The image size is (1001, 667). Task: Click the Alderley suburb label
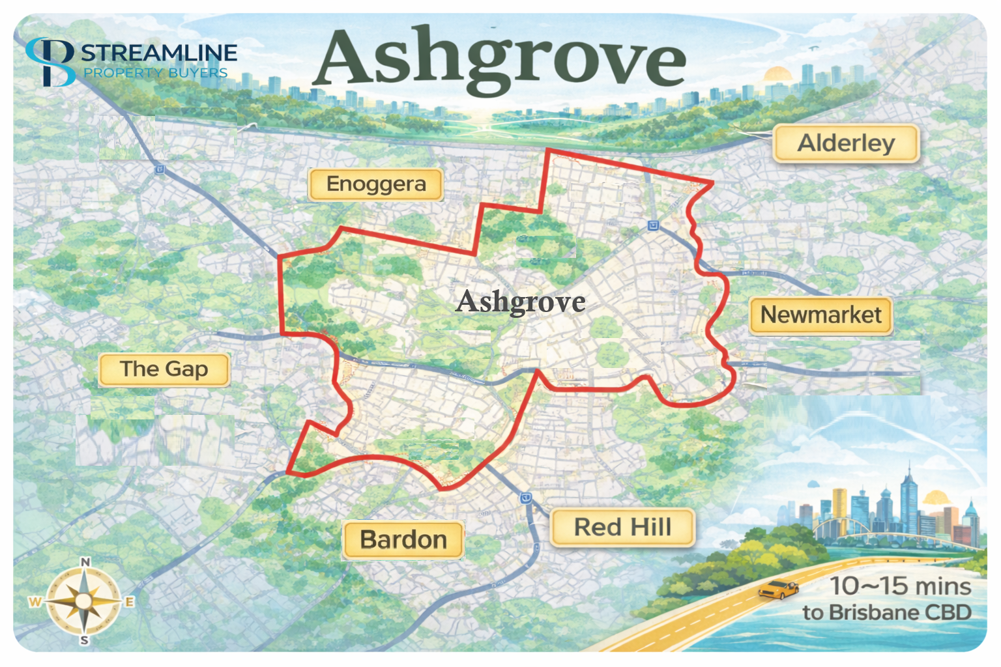point(846,143)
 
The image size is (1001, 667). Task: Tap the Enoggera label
point(376,184)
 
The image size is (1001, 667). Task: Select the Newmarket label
point(820,315)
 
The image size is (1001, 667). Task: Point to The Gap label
point(164,369)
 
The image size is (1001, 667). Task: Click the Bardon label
point(403,540)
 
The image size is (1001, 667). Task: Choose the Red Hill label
point(622,527)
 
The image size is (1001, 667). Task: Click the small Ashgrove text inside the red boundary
point(521,302)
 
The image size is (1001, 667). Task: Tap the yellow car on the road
point(778,589)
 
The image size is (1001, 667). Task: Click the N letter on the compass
point(85,562)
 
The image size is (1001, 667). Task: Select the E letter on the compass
point(129,602)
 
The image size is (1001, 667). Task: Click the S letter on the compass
point(85,641)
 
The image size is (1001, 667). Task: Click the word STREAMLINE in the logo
point(159,53)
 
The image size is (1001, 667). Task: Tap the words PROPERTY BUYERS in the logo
point(155,73)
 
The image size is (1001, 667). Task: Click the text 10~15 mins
point(900,586)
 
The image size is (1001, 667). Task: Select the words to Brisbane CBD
point(887,613)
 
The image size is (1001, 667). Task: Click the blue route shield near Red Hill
point(526,498)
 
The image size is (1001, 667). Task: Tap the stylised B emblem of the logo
point(51,63)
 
